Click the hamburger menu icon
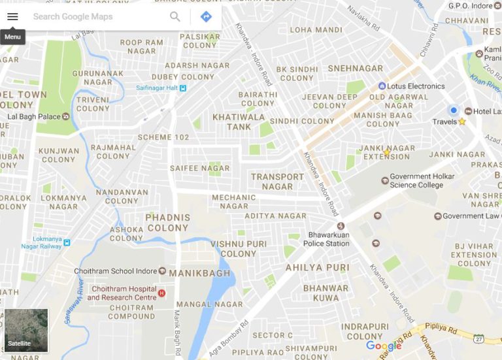click(x=12, y=16)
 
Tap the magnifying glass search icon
click(x=175, y=16)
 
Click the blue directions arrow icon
click(x=206, y=16)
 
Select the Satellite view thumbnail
click(x=26, y=331)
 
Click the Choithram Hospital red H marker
click(x=161, y=293)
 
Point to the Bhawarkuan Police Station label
click(x=326, y=239)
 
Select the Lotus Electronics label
click(x=416, y=86)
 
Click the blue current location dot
click(x=454, y=110)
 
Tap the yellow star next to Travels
click(x=462, y=122)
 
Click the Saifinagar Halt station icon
click(x=183, y=88)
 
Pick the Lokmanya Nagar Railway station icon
click(x=67, y=242)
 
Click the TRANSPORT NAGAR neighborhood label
click(x=277, y=181)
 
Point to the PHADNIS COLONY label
click(x=169, y=222)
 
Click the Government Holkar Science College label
click(x=422, y=180)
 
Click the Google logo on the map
click(x=384, y=346)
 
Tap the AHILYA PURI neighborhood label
click(x=318, y=267)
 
